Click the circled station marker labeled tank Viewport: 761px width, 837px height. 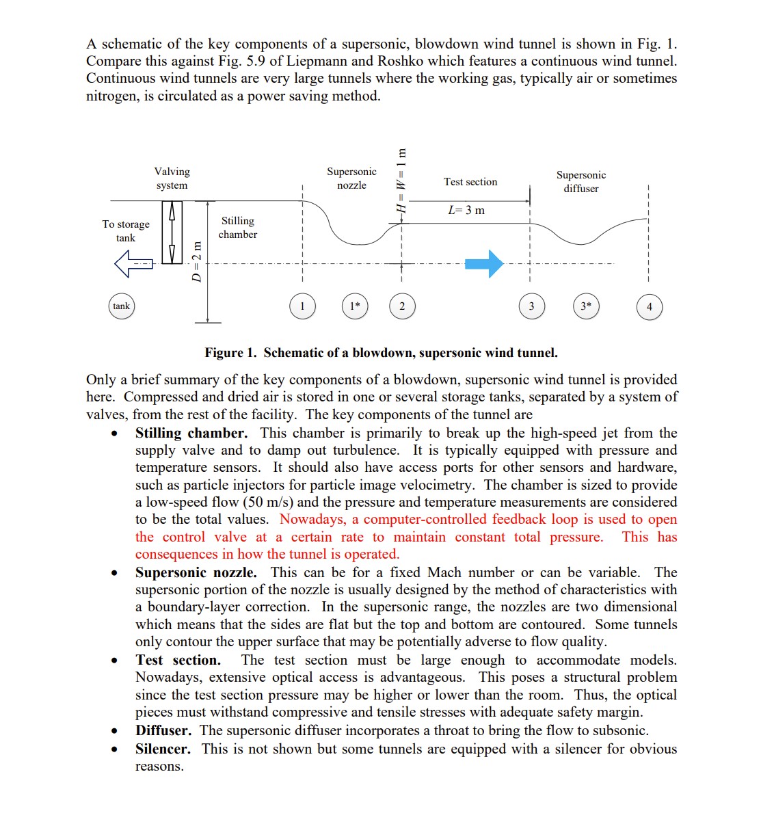point(121,306)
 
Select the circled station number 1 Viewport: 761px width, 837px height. point(302,306)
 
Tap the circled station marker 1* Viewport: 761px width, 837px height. point(354,306)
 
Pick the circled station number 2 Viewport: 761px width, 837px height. point(402,306)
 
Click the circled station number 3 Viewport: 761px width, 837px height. point(531,306)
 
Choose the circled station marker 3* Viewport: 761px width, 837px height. point(586,306)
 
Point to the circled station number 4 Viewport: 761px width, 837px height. point(649,306)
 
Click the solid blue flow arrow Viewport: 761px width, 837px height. point(484,263)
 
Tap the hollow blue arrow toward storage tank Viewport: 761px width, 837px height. point(134,263)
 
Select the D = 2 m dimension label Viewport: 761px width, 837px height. point(197,261)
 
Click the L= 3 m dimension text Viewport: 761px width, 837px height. point(466,211)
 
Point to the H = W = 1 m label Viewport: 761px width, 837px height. point(402,182)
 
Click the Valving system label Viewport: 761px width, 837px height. point(172,178)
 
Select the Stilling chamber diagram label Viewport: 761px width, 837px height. point(237,228)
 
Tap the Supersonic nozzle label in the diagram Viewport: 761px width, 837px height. point(351,178)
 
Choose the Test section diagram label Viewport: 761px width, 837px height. point(470,182)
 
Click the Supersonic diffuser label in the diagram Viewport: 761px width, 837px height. point(580,182)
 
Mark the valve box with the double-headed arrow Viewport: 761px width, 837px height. point(172,232)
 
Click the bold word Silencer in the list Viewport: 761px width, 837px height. point(163,749)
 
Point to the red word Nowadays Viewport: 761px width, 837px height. point(312,520)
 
